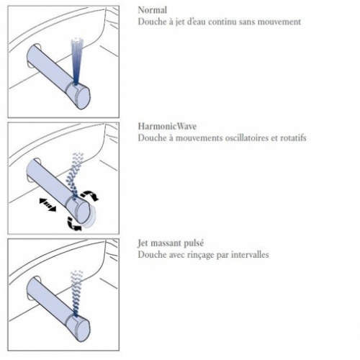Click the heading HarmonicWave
pos(167,126)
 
